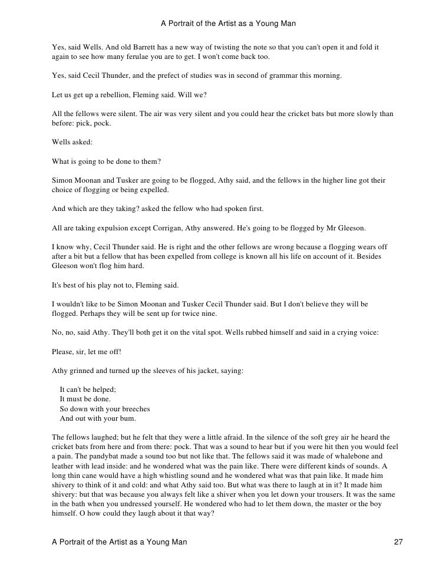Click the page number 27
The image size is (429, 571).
[x=398, y=541]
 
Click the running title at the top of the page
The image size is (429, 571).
[x=227, y=24]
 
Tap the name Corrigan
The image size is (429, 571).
[x=159, y=227]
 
